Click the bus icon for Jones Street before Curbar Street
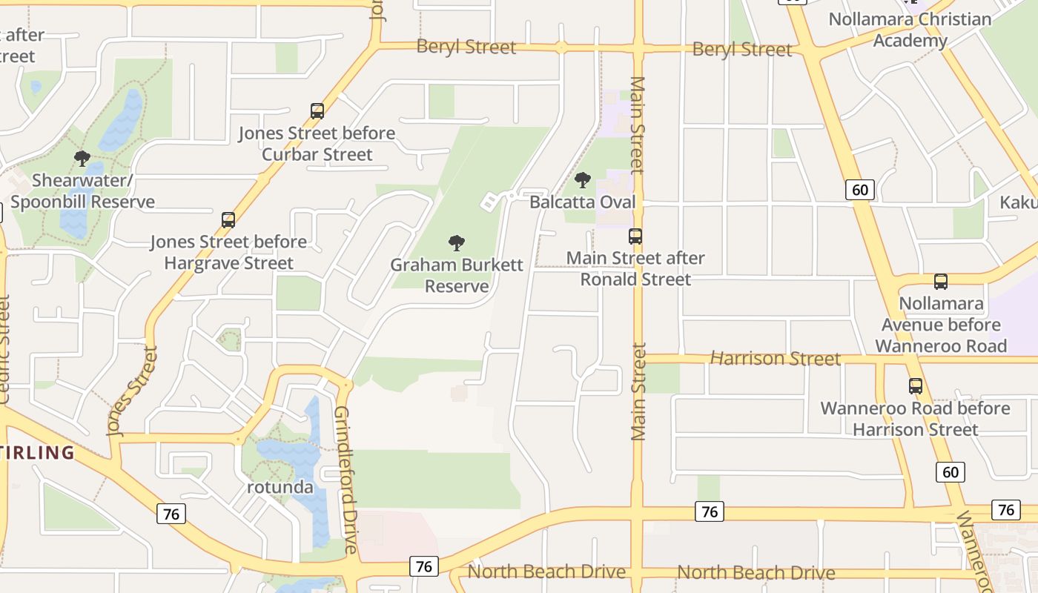coord(317,111)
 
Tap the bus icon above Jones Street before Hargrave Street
coord(228,219)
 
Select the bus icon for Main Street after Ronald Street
coord(635,236)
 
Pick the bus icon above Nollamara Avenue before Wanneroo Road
coord(941,282)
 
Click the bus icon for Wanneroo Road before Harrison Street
coord(916,386)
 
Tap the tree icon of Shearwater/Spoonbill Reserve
coord(82,158)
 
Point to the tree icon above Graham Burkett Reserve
coord(457,242)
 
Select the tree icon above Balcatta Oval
coord(583,179)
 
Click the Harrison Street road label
coord(776,359)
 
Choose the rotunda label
coord(280,488)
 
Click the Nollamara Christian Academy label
coord(910,30)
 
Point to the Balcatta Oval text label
coord(583,202)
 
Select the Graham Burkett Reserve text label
coord(457,275)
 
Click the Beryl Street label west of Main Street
coord(466,47)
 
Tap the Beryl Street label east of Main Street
coord(742,50)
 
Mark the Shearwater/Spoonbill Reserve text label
coord(82,191)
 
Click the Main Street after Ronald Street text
coord(635,268)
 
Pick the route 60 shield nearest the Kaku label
coord(860,190)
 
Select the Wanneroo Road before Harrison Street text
coord(916,419)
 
